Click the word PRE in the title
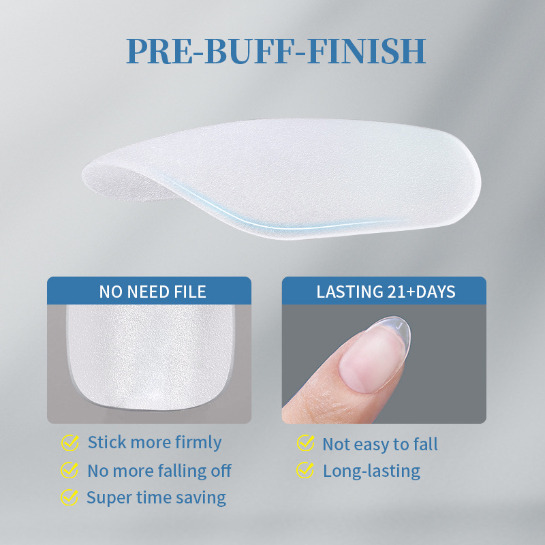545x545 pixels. [159, 51]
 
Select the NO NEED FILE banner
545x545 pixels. [149, 292]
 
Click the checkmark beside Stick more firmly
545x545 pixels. [69, 443]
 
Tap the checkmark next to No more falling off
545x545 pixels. [69, 470]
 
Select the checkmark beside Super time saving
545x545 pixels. [69, 497]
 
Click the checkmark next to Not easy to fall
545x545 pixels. [305, 444]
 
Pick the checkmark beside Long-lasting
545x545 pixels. [305, 470]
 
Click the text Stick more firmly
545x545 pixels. [155, 443]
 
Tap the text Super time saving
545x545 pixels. [156, 497]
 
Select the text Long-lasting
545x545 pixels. [371, 471]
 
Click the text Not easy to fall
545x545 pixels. [380, 445]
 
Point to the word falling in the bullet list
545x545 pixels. [179, 471]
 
